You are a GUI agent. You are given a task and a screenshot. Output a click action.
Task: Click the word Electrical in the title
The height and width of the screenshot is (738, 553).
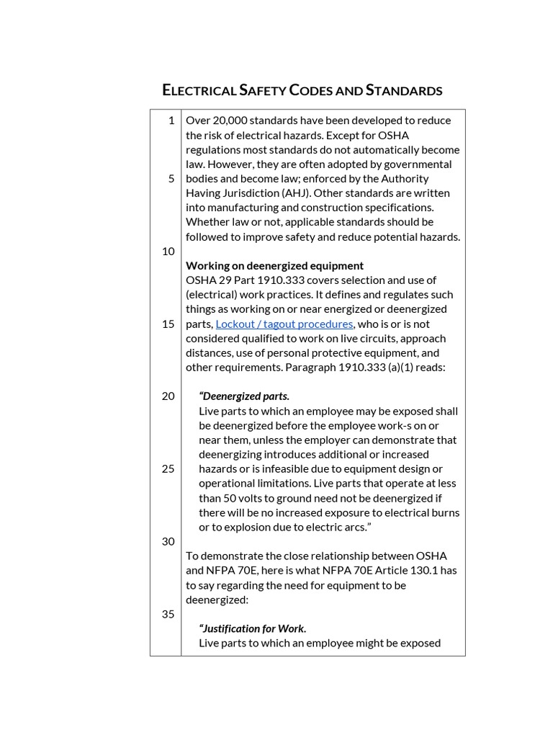pyautogui.click(x=199, y=90)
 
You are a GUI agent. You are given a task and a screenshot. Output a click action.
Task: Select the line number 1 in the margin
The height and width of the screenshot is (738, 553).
pyautogui.click(x=171, y=120)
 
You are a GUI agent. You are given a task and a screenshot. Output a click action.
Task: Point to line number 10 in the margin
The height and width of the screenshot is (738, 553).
pyautogui.click(x=168, y=251)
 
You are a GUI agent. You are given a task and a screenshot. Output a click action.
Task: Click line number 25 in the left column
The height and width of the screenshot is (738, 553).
pyautogui.click(x=168, y=468)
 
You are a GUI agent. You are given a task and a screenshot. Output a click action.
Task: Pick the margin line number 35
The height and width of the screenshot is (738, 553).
pyautogui.click(x=168, y=614)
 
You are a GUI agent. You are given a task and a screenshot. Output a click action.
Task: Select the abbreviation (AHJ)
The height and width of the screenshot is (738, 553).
pyautogui.click(x=283, y=193)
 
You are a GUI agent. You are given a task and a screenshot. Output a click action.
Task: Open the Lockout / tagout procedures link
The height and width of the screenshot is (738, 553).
pyautogui.click(x=284, y=324)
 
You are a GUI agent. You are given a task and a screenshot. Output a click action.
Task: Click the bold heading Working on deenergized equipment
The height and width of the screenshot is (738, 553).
pyautogui.click(x=274, y=265)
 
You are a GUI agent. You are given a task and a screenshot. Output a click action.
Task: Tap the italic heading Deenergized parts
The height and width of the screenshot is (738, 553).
pyautogui.click(x=245, y=396)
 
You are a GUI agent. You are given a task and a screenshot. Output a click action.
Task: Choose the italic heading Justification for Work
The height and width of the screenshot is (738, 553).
pyautogui.click(x=253, y=628)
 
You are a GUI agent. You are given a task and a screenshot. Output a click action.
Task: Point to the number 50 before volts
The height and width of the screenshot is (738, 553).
pyautogui.click(x=233, y=498)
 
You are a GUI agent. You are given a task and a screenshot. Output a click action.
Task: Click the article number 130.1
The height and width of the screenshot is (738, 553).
pyautogui.click(x=418, y=570)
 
